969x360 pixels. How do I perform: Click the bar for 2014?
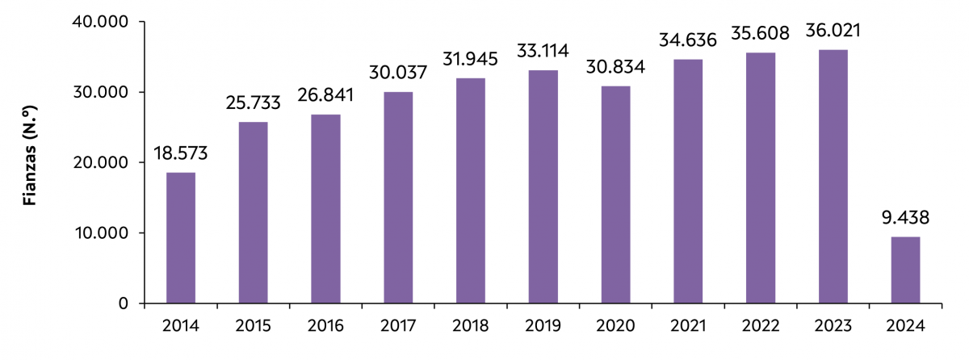pos(181,238)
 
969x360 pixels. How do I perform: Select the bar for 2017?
pos(398,198)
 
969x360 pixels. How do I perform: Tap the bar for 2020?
pos(616,195)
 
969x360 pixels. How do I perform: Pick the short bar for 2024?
pos(906,270)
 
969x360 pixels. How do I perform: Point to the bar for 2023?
pos(833,176)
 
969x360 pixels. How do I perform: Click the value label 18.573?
pos(181,153)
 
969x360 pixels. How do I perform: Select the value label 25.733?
pos(254,103)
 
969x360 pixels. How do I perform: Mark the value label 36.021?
pos(833,31)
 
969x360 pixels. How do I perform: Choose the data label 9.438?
pos(906,218)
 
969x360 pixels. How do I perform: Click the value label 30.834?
pos(616,68)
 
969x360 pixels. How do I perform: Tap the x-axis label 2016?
pos(325,326)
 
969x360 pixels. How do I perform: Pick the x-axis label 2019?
pos(543,326)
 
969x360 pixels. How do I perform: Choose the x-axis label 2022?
pos(761,326)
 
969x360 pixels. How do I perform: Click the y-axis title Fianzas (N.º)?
pos(31,163)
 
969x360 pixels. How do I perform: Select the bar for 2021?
pos(689,182)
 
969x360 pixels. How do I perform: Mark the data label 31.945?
pos(471,60)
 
